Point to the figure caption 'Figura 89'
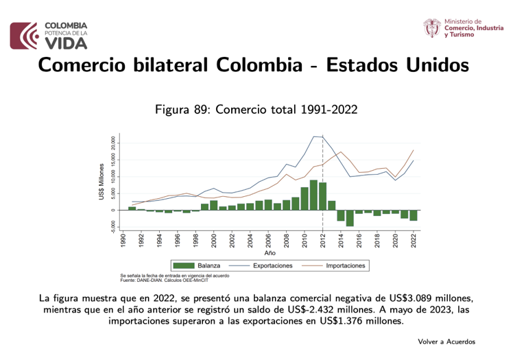click(x=183, y=109)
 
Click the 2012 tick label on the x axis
click(x=322, y=241)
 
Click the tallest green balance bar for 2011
click(x=313, y=195)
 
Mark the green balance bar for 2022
click(x=414, y=215)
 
